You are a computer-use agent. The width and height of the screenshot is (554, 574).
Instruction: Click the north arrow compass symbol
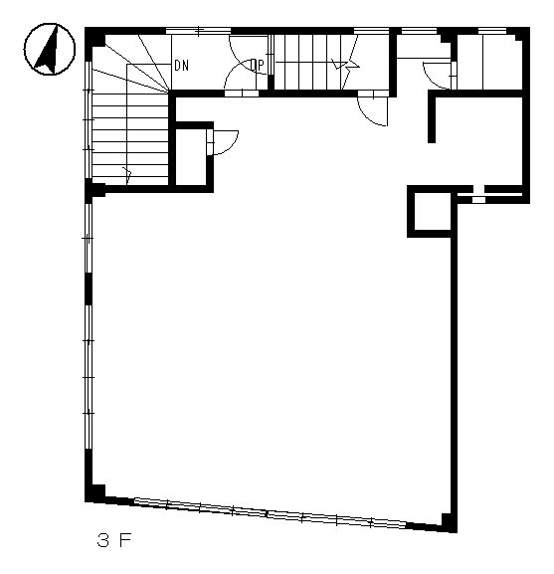[50, 49]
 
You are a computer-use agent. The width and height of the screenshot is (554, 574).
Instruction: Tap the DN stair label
[181, 66]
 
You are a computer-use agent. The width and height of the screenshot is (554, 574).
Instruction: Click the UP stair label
[258, 66]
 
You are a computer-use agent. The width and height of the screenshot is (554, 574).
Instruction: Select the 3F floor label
[113, 540]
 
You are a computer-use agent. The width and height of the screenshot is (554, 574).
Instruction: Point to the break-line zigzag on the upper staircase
[346, 67]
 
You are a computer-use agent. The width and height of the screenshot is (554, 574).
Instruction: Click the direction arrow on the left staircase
[127, 176]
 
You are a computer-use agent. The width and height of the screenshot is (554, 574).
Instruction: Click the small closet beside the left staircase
[191, 157]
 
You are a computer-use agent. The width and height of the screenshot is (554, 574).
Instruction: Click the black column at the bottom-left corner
[95, 493]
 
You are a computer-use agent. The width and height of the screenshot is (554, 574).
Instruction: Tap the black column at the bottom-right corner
[450, 522]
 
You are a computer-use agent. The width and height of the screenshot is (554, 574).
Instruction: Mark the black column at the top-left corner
[95, 37]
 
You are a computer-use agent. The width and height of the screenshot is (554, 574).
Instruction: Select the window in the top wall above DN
[198, 31]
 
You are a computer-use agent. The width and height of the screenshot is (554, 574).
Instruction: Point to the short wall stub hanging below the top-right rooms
[432, 119]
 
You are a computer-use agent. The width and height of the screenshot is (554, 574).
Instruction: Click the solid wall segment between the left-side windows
[89, 288]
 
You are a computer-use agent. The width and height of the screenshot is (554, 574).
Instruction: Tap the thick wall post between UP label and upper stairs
[272, 83]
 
